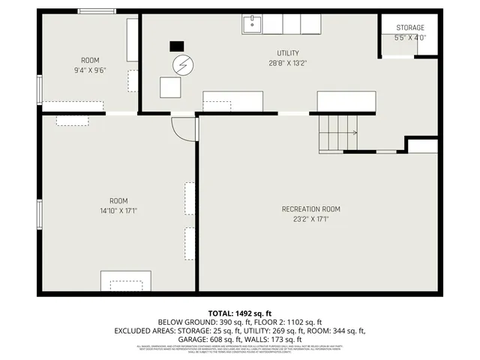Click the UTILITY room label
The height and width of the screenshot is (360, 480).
coord(288,52)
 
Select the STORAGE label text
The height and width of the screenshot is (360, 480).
coord(409,28)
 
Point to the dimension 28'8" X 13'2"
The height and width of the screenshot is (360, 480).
coord(288,63)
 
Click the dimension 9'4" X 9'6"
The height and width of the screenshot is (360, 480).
coord(90,70)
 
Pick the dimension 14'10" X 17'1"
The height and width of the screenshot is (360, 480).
coord(118,211)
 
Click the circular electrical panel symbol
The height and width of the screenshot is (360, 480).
coord(182,65)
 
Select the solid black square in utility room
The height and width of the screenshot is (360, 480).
coord(177,45)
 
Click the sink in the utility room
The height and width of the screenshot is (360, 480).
coord(251,25)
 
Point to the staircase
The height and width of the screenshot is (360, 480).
coord(337,133)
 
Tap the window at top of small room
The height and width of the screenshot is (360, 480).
coord(97,11)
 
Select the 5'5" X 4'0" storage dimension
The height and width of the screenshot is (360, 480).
coord(409,37)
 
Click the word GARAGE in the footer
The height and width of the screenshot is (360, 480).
coord(194,339)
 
